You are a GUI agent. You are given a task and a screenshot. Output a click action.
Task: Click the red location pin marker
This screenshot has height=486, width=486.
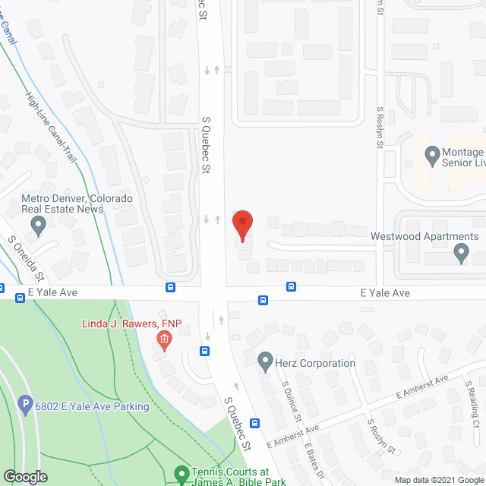coord(242,224)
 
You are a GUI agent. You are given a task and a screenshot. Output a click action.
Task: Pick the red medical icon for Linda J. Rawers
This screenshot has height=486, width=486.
coord(163,339)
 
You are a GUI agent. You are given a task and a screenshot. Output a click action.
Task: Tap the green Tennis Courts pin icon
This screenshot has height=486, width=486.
coord(181,475)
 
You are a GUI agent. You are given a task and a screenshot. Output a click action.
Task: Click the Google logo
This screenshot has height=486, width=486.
coord(25,476)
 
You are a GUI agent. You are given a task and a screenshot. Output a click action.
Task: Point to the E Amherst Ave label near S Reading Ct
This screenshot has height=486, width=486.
coord(423,387)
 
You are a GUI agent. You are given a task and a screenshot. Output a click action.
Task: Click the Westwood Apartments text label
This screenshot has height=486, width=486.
coord(424,236)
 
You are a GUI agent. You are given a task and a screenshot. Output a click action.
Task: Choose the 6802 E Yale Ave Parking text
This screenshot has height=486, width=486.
coord(93,406)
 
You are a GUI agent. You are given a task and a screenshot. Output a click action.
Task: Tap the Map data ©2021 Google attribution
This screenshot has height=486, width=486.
coord(438,479)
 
